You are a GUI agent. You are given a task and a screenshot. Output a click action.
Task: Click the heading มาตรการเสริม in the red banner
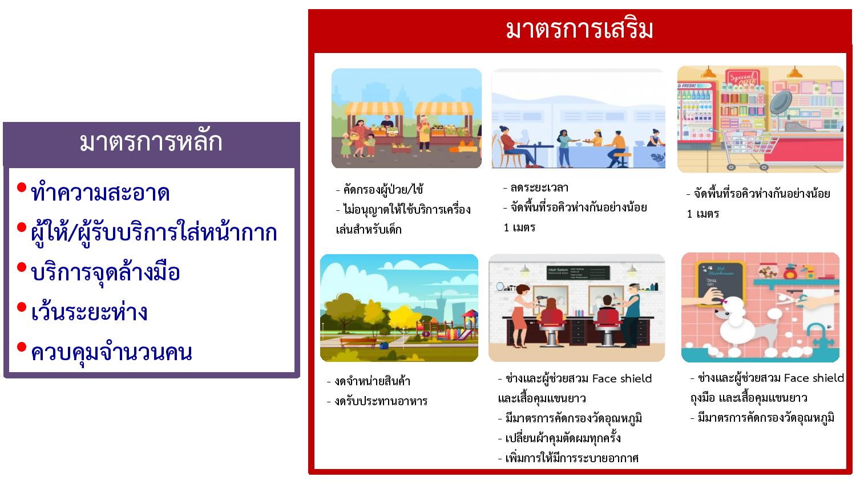click(579, 30)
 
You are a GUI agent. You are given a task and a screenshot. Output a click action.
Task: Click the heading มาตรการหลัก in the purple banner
click(151, 142)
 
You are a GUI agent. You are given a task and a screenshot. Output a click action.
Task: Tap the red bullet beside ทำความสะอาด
click(22, 187)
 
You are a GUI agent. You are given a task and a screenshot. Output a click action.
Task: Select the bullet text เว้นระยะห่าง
click(90, 312)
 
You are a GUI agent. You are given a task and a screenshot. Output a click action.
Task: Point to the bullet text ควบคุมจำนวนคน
click(112, 353)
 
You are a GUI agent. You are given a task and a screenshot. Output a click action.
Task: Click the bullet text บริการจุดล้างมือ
click(106, 272)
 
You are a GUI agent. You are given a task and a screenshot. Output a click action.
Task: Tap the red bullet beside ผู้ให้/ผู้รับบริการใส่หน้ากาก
click(22, 227)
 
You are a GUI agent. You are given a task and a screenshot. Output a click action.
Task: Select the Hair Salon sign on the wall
click(578, 272)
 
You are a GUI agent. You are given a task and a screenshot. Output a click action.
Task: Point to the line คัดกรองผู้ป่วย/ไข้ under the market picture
click(379, 189)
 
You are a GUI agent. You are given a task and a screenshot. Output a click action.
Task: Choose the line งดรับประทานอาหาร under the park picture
click(377, 401)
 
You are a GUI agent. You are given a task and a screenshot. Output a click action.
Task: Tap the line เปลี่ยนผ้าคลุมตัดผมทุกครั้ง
click(559, 438)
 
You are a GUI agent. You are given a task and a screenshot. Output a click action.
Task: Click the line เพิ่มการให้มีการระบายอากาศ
click(568, 458)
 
